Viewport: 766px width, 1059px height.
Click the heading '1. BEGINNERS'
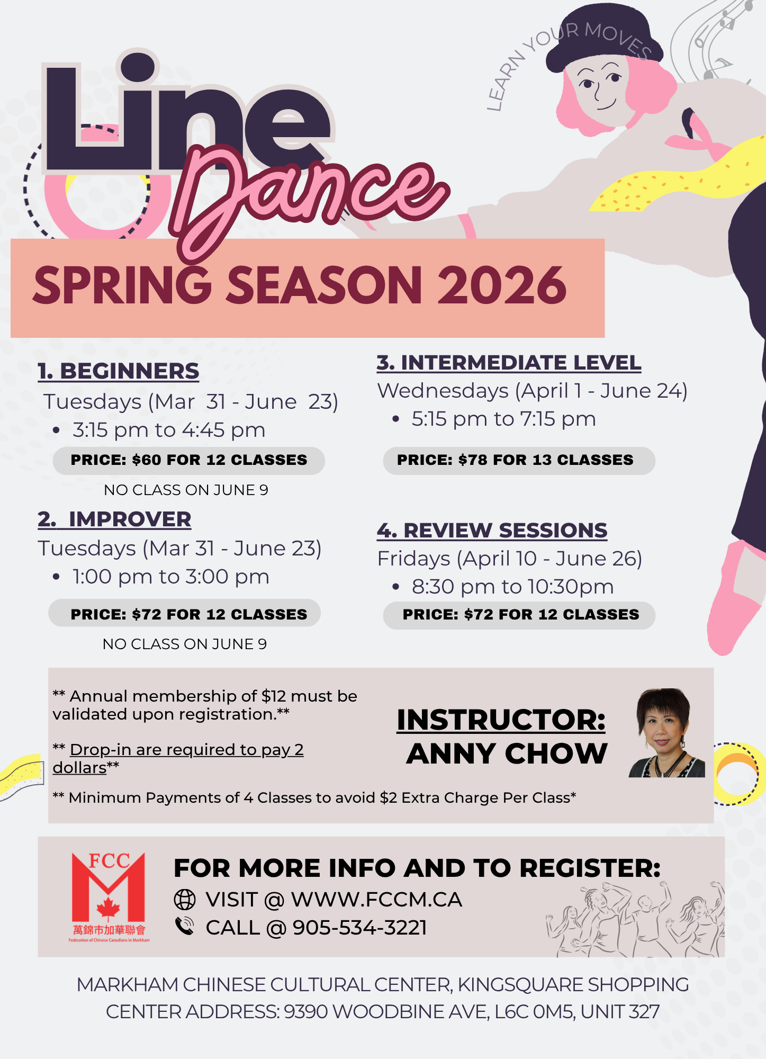119,371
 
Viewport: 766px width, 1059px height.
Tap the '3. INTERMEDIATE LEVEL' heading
509,363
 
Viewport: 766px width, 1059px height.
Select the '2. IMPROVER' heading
114,519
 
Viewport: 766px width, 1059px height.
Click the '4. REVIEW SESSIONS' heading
492,531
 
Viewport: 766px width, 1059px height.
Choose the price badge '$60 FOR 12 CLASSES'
188,460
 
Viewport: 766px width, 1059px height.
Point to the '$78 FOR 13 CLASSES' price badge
519,460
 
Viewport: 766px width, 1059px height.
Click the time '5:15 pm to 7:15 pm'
503,419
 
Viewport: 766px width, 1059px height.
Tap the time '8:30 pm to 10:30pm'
512,587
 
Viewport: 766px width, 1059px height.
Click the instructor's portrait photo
667,733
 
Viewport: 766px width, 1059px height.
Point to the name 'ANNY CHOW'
507,754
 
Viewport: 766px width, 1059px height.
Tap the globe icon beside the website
185,899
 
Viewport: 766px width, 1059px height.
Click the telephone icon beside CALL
185,926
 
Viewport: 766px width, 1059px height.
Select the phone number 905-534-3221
359,928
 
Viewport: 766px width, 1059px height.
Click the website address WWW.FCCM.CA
376,900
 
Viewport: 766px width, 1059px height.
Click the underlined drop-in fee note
178,759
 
